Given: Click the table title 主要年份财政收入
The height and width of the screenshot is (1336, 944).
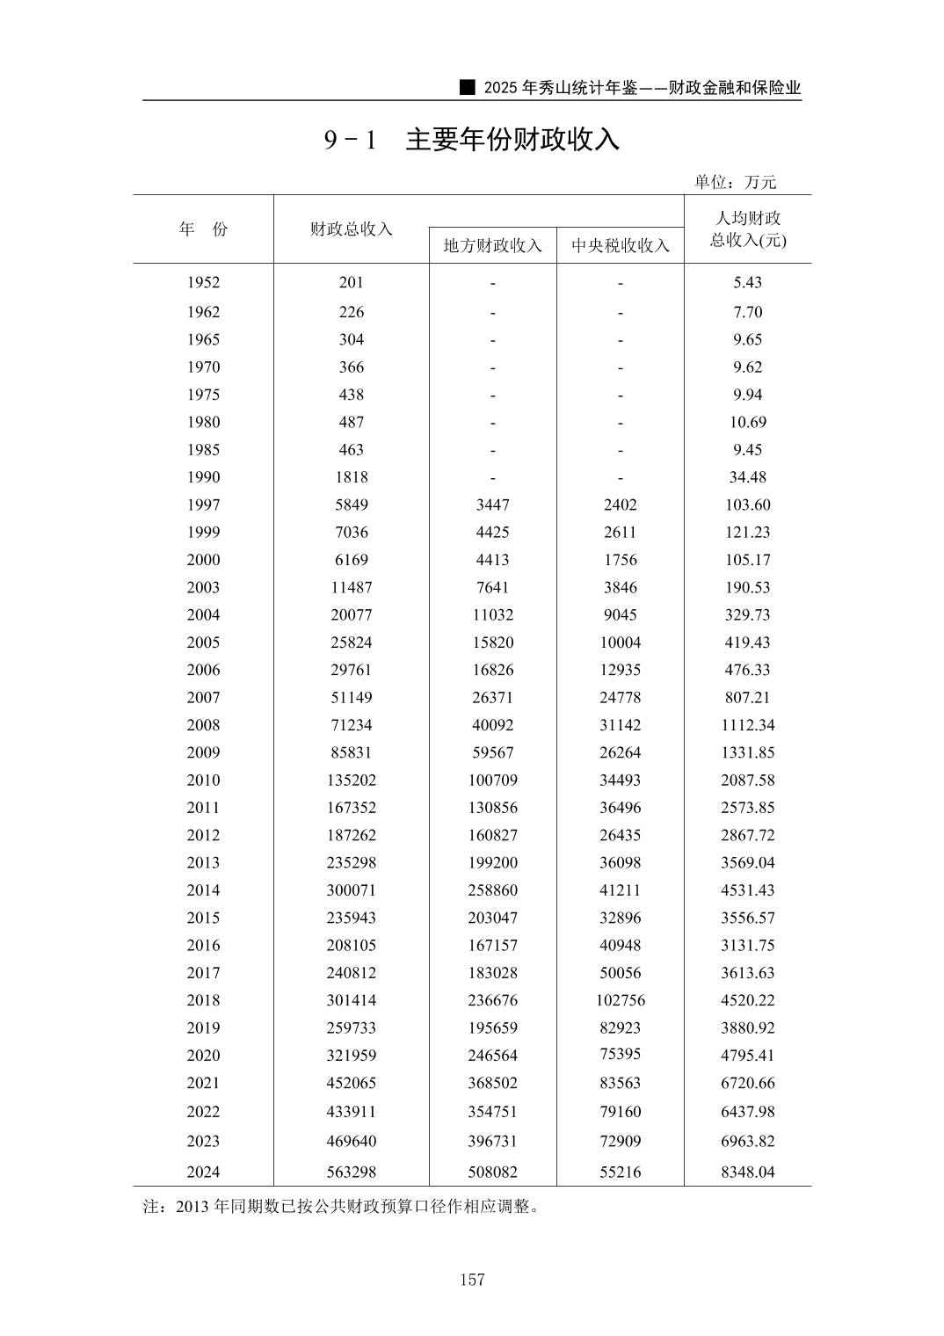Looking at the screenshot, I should pyautogui.click(x=512, y=140).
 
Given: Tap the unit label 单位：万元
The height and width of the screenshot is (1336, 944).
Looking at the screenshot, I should pyautogui.click(x=735, y=182).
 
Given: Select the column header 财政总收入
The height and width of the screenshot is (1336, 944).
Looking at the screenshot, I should pyautogui.click(x=351, y=229).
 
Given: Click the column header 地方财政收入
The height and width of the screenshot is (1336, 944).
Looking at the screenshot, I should pyautogui.click(x=492, y=245).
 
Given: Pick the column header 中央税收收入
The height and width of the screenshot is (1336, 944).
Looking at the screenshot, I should pyautogui.click(x=620, y=245).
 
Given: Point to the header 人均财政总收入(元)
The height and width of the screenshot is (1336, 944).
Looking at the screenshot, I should pyautogui.click(x=747, y=229).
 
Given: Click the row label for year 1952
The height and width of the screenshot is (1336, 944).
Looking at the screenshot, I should pyautogui.click(x=203, y=283).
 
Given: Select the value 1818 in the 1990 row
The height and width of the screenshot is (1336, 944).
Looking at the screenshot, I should pyautogui.click(x=351, y=477).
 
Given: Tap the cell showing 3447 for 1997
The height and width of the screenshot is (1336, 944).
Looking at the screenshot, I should pyautogui.click(x=492, y=505).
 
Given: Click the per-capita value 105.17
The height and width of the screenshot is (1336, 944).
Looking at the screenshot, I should pyautogui.click(x=747, y=560).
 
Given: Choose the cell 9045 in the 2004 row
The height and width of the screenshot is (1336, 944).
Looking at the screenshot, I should pyautogui.click(x=620, y=614).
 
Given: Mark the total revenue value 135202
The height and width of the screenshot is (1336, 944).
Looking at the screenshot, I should pyautogui.click(x=351, y=780).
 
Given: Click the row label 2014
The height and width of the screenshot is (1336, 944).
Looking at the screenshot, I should pyautogui.click(x=203, y=889).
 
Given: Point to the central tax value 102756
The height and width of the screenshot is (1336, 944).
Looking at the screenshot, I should pyautogui.click(x=620, y=1000).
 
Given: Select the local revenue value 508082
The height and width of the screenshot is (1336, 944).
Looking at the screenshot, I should pyautogui.click(x=492, y=1172).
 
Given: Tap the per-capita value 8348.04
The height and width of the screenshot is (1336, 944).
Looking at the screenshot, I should pyautogui.click(x=747, y=1172).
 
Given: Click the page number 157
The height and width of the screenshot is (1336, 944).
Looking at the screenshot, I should pyautogui.click(x=472, y=1280).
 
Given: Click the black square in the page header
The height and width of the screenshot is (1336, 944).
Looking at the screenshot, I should pyautogui.click(x=468, y=87).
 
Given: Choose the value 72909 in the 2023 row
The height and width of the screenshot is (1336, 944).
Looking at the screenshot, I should pyautogui.click(x=620, y=1141).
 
